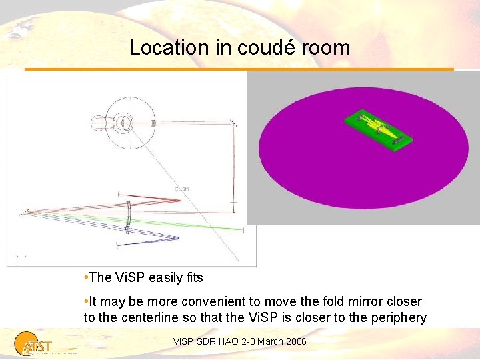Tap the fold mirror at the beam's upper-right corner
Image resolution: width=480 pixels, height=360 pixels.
coord(235,124)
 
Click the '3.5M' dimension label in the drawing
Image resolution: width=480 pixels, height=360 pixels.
coord(181,189)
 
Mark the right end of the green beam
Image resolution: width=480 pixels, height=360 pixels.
coord(241,230)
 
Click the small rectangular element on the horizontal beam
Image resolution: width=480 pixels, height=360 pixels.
coord(153,123)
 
